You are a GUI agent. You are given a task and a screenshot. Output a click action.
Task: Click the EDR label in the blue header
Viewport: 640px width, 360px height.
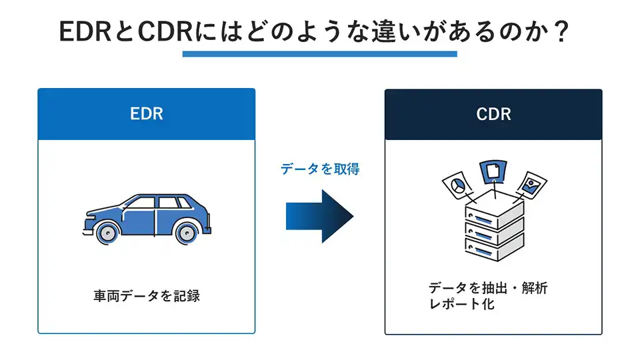147,114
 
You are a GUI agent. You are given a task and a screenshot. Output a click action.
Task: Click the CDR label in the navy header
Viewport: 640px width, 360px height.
493,114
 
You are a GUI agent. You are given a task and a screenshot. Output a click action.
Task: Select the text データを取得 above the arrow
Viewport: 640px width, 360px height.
319,169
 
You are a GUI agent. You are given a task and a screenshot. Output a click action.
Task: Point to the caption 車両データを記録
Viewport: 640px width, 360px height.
147,295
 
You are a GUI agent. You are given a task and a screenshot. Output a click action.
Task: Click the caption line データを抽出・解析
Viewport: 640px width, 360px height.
488,288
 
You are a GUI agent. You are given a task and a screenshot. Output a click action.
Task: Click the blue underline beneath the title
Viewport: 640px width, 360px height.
319,54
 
